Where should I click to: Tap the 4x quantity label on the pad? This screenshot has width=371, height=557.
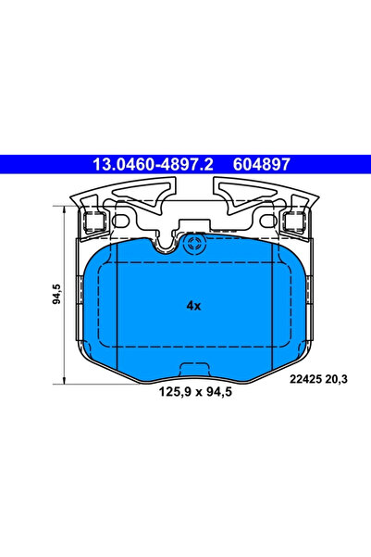(192, 304)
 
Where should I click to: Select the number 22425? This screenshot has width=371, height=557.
(305, 377)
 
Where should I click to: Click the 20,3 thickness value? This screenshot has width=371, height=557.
(340, 377)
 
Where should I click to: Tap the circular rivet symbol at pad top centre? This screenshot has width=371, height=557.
(193, 245)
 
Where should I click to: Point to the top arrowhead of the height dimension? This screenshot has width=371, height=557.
(65, 209)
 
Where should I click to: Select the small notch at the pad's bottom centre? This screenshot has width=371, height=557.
(193, 368)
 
